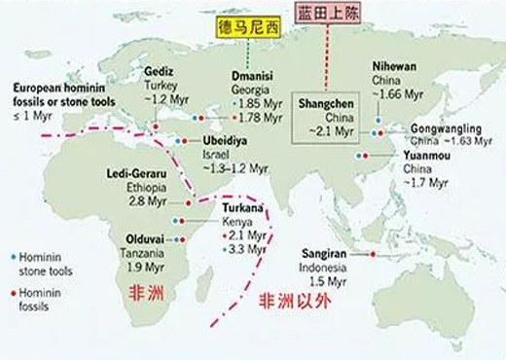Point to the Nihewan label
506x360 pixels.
(394, 67)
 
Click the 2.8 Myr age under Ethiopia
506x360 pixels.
(146, 201)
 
